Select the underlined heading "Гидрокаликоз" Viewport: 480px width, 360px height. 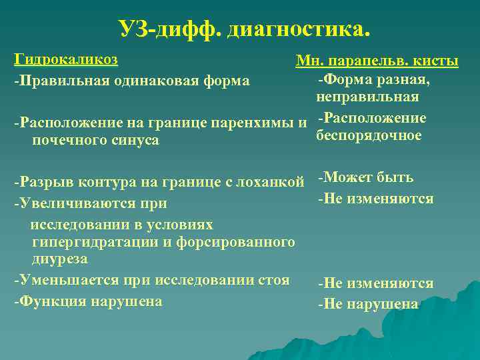(x=66, y=59)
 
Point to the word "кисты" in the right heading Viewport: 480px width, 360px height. (x=436, y=62)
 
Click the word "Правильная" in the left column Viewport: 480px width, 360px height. (x=59, y=81)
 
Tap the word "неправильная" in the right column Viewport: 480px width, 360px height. (x=368, y=97)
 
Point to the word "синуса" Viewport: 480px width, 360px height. (x=136, y=140)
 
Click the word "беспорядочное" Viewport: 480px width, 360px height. (x=369, y=135)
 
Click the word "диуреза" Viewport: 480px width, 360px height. (x=59, y=258)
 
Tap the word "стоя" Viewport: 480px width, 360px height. (x=274, y=280)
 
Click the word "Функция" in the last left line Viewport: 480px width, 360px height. (x=48, y=301)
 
